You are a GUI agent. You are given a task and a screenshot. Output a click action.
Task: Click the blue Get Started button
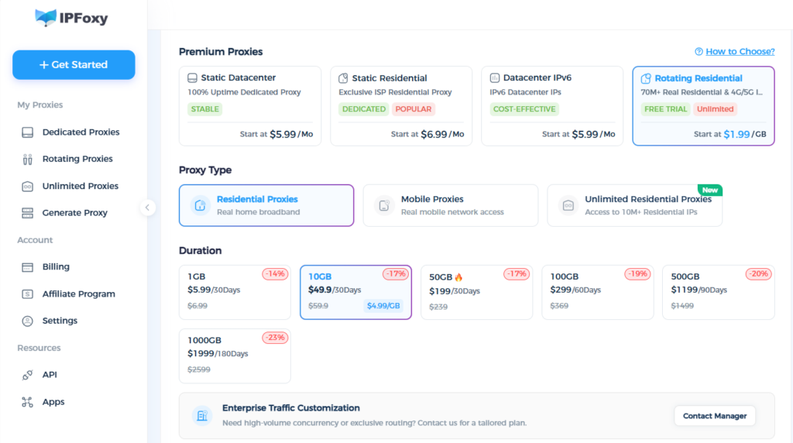(74, 65)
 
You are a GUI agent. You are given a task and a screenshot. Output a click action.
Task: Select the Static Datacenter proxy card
(250, 106)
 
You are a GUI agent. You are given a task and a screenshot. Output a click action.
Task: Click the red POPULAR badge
(414, 109)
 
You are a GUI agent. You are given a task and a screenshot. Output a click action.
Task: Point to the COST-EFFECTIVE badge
(524, 109)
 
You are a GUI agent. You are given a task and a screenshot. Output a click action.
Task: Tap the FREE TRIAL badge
(665, 109)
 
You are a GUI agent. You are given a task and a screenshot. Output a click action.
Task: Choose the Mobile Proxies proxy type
(451, 205)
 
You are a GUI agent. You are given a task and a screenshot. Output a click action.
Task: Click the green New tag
(710, 191)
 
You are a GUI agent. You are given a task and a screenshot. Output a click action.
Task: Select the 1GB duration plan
(235, 292)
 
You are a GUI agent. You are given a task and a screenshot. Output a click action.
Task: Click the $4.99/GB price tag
(383, 305)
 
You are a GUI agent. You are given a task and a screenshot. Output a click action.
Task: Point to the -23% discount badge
(275, 338)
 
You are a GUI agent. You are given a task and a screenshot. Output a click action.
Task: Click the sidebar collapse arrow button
(147, 208)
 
